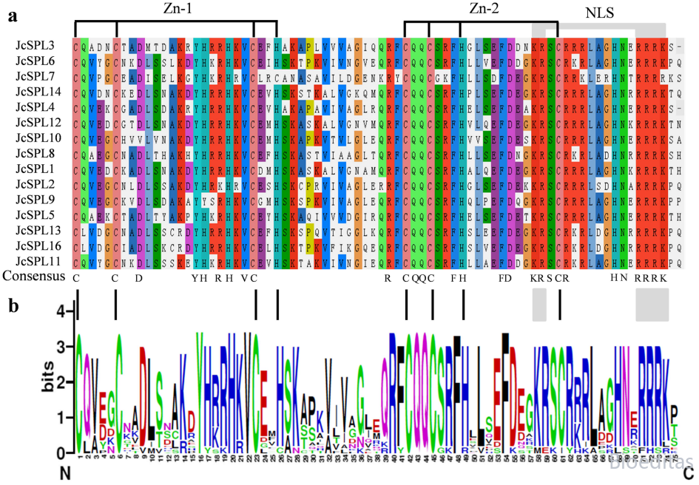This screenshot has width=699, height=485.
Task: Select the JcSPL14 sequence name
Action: click(x=37, y=92)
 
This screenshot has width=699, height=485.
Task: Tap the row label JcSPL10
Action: click(x=37, y=138)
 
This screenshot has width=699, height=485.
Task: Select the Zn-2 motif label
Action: click(x=487, y=9)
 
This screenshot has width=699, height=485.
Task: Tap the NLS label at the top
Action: click(x=600, y=13)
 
